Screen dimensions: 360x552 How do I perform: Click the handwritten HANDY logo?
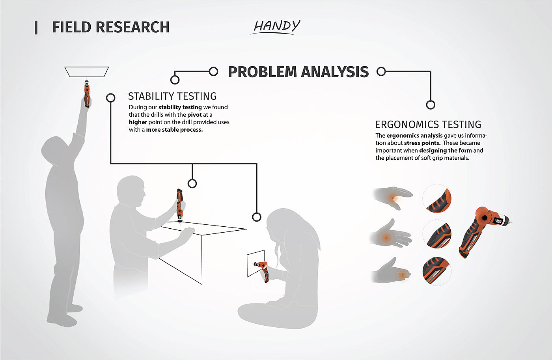[x=276, y=26]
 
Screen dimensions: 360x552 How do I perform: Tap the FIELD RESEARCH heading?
[x=111, y=27]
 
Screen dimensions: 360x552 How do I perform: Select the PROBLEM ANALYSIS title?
[x=298, y=72]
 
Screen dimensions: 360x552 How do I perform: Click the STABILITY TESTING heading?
[x=172, y=96]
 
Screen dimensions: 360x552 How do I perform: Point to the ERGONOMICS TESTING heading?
[x=428, y=125]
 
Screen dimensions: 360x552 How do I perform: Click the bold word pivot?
[x=194, y=115]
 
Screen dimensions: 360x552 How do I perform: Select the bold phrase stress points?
[x=422, y=143]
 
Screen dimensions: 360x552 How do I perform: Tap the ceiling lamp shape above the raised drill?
[x=86, y=72]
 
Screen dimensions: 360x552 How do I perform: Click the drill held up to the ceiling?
[x=86, y=93]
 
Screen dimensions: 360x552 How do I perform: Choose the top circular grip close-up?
[x=437, y=199]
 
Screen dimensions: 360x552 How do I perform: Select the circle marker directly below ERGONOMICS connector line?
[x=431, y=105]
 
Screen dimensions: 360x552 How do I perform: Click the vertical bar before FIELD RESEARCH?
[x=36, y=28]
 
